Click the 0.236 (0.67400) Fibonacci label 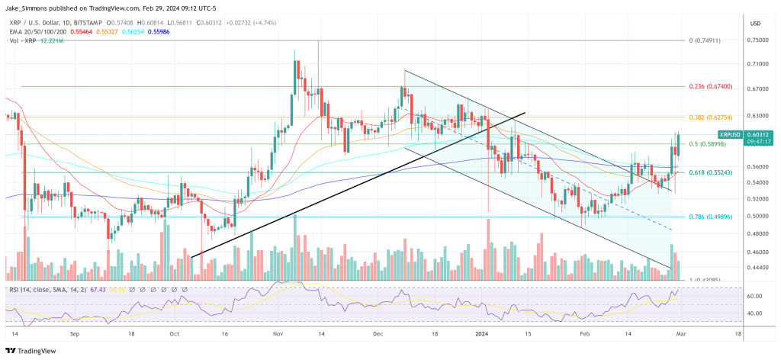710,87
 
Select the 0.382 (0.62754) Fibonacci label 710,117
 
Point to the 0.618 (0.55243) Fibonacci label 710,173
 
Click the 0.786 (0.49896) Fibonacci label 710,217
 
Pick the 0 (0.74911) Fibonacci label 709,40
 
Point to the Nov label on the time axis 278,334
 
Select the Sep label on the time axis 74,334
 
